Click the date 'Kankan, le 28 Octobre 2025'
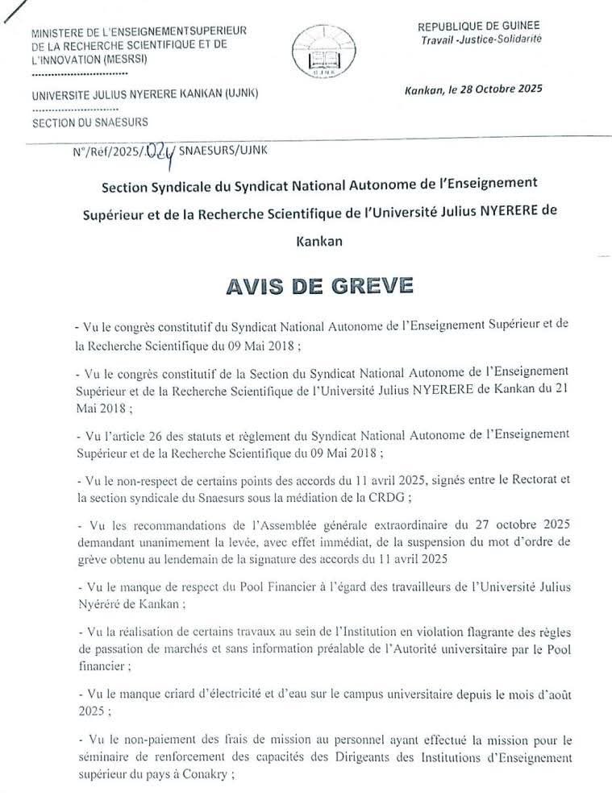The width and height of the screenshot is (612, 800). coord(473,89)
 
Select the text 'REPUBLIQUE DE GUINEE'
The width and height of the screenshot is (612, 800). coord(480,26)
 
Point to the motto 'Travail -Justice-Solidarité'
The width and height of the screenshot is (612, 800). coord(481,39)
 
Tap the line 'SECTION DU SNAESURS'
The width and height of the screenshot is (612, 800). coord(83,125)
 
